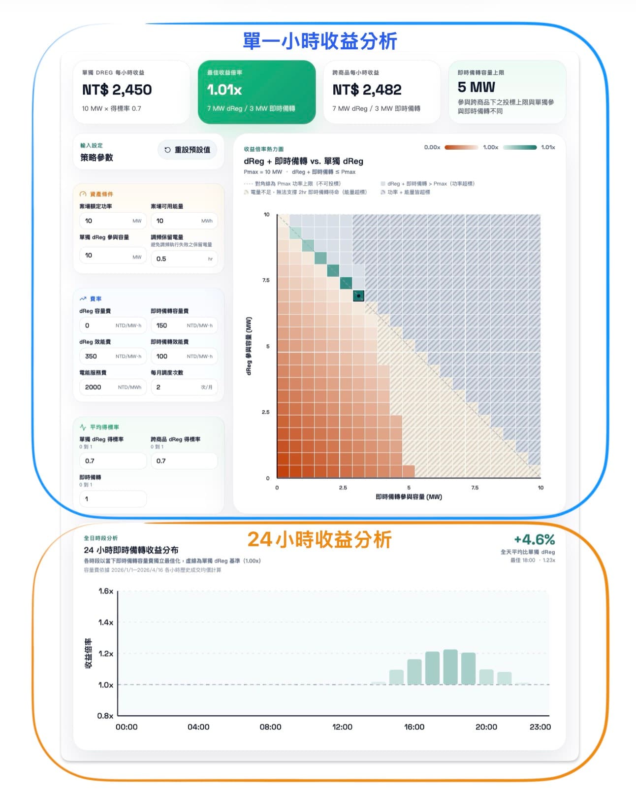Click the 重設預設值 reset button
(x=187, y=150)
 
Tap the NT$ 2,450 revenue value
(x=117, y=90)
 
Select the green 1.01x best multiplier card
(x=256, y=92)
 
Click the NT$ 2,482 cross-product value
(x=367, y=90)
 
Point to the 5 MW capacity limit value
(x=476, y=87)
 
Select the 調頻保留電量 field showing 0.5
(x=183, y=259)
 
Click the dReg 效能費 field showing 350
(x=112, y=356)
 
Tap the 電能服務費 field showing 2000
(x=112, y=387)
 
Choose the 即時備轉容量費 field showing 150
(x=183, y=326)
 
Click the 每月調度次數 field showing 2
(x=183, y=387)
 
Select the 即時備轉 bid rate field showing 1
(x=112, y=499)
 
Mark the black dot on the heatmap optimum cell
(x=359, y=296)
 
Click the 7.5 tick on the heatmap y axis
(x=266, y=280)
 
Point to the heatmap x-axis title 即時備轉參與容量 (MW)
(x=409, y=497)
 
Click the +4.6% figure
(x=534, y=540)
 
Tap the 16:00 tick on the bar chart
(x=414, y=727)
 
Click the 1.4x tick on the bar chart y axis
(x=106, y=623)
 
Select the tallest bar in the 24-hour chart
(x=450, y=667)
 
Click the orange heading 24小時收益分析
(x=319, y=540)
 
